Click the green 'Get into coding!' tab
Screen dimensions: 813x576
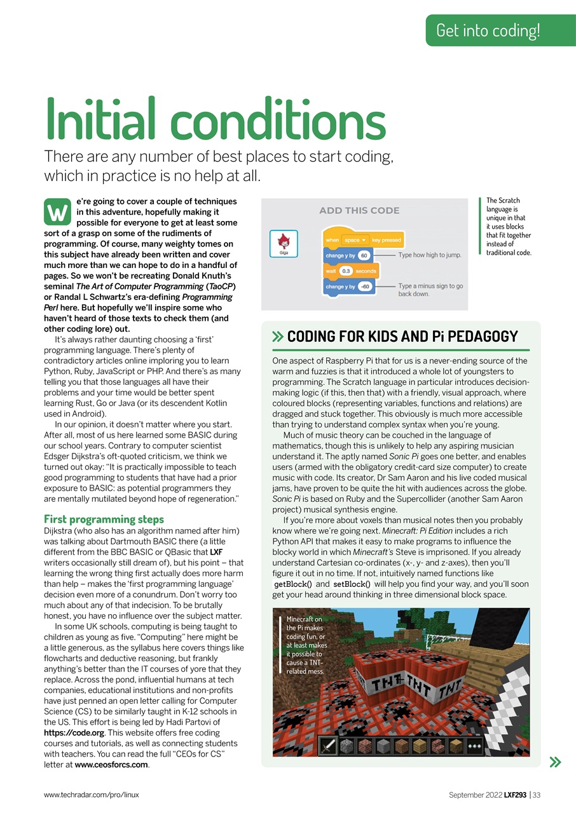[488, 30]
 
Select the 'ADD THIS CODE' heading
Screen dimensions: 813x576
[359, 210]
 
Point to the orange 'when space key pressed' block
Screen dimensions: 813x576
[363, 240]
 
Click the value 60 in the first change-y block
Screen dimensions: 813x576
[364, 255]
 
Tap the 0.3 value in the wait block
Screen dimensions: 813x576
[346, 271]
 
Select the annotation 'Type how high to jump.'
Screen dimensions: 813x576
[429, 255]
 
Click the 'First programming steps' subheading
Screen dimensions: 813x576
[104, 519]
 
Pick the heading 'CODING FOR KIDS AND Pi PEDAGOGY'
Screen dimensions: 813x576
[402, 337]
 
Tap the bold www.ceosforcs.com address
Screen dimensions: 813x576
[111, 765]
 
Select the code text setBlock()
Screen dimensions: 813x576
[352, 584]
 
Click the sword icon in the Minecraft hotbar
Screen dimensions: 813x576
[328, 745]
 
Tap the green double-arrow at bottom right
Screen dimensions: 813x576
[555, 761]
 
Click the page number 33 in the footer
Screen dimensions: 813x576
[537, 795]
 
